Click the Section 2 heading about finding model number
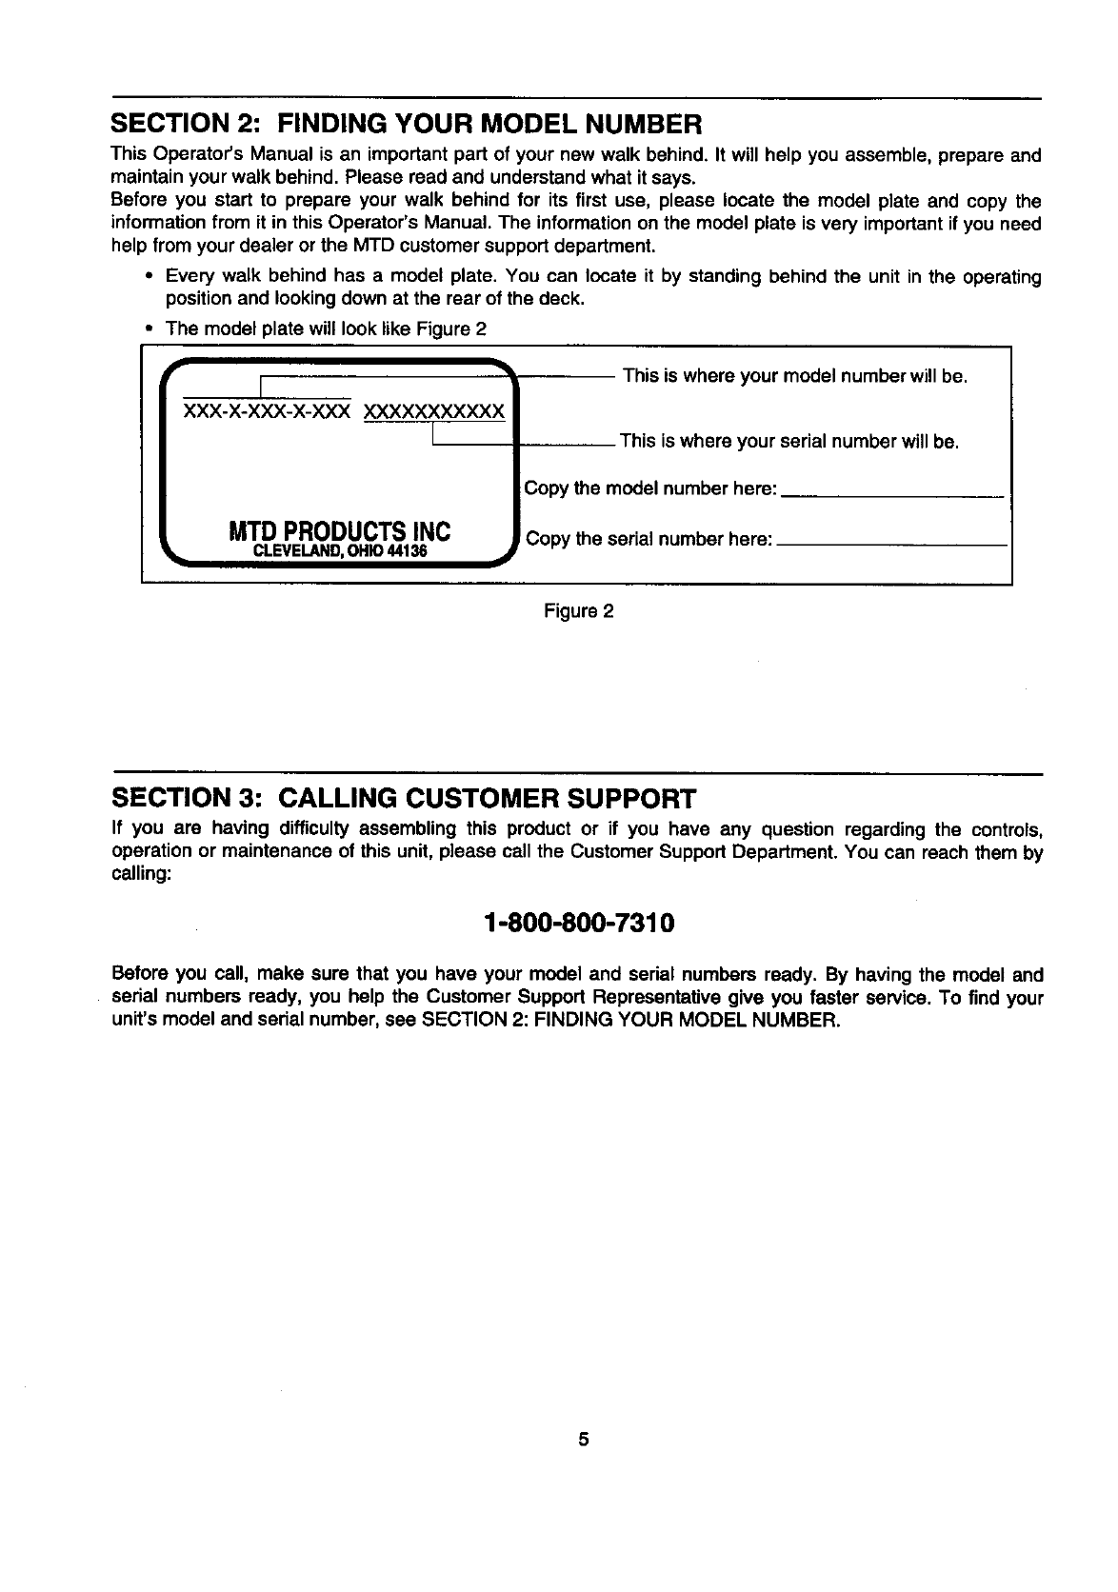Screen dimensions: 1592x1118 pos(407,124)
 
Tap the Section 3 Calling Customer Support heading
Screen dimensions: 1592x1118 pos(404,797)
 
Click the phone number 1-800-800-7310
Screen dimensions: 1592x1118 pos(579,924)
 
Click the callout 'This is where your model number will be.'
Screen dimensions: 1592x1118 pos(795,376)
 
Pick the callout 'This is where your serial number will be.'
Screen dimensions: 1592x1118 pos(789,442)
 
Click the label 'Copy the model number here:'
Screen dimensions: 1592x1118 pos(650,488)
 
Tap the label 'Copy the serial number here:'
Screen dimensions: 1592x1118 pos(649,539)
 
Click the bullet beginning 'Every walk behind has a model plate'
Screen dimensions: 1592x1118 pos(603,288)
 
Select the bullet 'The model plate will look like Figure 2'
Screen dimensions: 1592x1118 pos(326,329)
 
